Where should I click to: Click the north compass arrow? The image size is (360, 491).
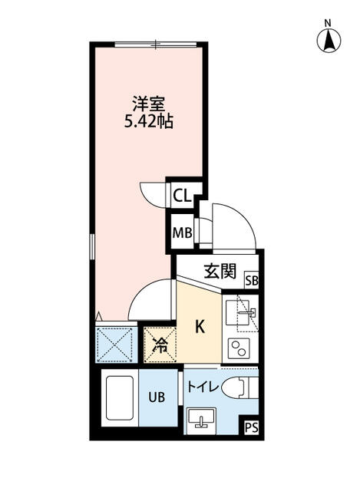click(329, 39)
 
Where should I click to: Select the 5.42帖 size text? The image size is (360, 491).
click(148, 121)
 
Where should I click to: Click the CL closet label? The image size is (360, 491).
click(181, 196)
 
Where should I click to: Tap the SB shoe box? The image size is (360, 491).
click(252, 282)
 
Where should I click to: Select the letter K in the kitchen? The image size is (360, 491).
click(199, 327)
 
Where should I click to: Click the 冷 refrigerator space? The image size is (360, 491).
click(160, 344)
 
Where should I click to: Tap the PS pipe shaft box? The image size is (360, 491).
click(252, 428)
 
